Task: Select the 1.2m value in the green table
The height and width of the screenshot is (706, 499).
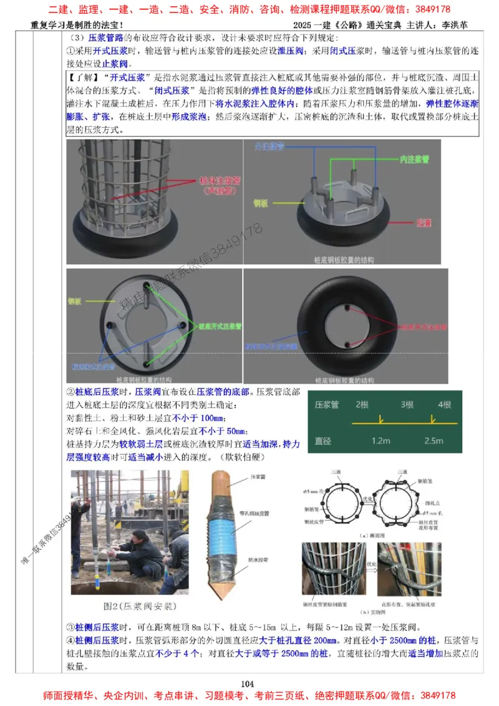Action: (380, 440)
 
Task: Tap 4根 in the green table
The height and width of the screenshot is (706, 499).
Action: (444, 404)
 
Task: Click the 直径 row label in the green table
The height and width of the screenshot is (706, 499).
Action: (323, 440)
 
